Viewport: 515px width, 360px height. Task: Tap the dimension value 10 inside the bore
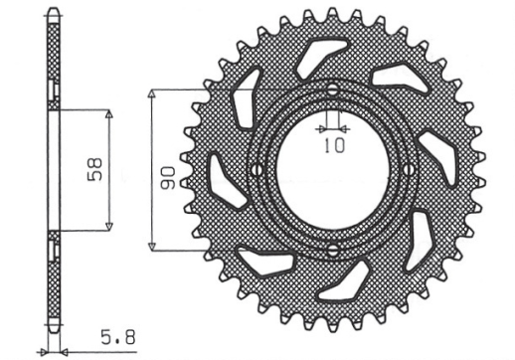pos(333,146)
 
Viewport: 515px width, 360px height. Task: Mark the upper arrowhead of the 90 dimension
pos(151,92)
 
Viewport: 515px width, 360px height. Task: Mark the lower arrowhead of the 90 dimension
pos(151,247)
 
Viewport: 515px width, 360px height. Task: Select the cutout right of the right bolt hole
pos(435,159)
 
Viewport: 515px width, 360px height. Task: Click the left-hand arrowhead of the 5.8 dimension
pos(45,351)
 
